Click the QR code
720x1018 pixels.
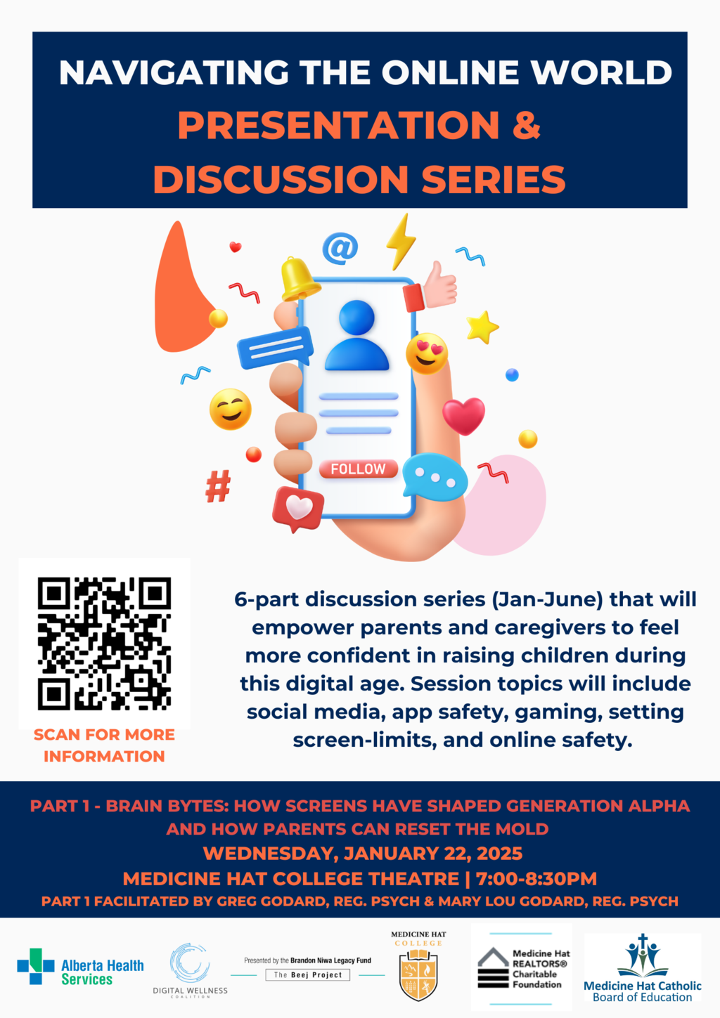tap(104, 644)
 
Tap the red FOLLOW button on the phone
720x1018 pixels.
tap(359, 469)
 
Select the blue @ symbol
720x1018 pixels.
tap(340, 248)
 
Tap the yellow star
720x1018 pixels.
tap(482, 327)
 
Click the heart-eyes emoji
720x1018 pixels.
tap(427, 353)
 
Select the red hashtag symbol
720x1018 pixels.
tap(218, 486)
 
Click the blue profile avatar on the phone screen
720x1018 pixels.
tap(357, 334)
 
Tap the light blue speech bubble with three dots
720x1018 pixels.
tap(435, 476)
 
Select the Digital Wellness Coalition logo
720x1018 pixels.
tap(190, 971)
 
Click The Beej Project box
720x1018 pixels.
tap(308, 975)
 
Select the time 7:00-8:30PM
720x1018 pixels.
tap(536, 878)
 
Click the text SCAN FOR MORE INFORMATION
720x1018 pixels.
tap(104, 745)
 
